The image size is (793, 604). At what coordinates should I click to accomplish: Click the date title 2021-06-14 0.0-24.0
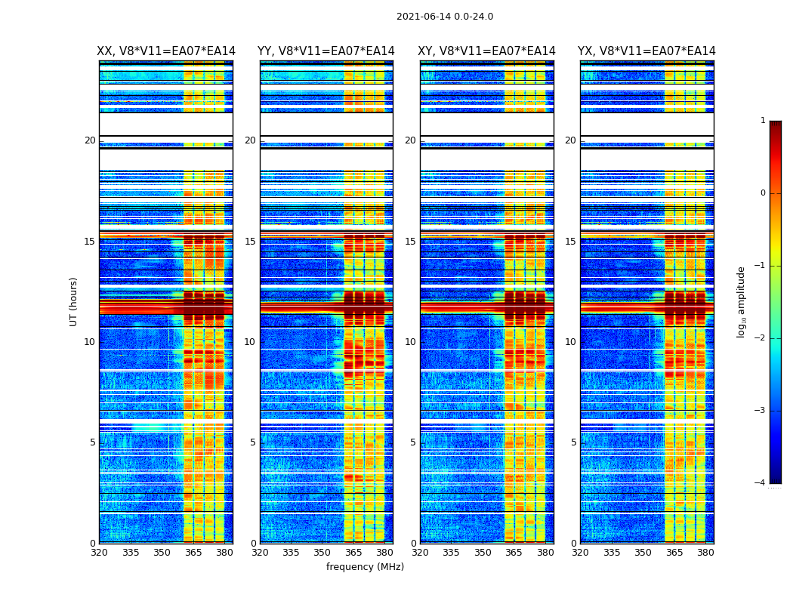click(445, 17)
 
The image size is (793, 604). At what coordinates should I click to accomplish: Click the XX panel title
click(166, 51)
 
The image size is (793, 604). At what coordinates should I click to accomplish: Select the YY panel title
click(326, 51)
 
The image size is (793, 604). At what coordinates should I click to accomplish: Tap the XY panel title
click(486, 51)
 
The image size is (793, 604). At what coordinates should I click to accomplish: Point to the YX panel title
click(646, 51)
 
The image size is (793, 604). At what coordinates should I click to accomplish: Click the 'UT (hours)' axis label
click(74, 301)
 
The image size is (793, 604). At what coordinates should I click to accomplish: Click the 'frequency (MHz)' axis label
click(365, 567)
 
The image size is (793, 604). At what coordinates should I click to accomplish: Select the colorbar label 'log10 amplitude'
click(742, 301)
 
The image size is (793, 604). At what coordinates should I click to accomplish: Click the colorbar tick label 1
click(763, 121)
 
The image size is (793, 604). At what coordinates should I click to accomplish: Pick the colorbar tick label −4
click(761, 483)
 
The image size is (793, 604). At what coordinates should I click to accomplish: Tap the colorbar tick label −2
click(761, 338)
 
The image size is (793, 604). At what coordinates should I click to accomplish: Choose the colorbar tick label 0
click(763, 193)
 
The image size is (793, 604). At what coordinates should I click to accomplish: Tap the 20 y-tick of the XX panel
click(90, 140)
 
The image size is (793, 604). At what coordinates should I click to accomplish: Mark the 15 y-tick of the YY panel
click(250, 242)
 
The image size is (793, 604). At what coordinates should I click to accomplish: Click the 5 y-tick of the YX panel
click(573, 442)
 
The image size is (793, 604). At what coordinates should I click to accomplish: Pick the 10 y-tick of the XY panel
click(410, 342)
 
